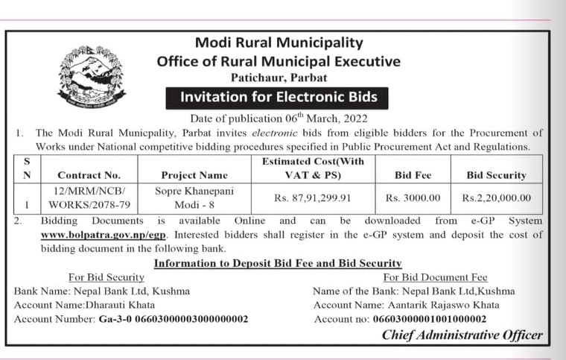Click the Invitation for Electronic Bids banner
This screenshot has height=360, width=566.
tap(279, 97)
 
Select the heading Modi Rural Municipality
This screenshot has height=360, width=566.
tap(279, 43)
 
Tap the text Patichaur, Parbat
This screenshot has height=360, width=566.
tap(279, 78)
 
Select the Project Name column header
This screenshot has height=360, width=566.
tap(194, 175)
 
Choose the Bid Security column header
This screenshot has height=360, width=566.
tap(496, 175)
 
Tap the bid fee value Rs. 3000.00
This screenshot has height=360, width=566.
tap(413, 198)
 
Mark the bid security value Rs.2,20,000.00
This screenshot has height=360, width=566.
tap(496, 198)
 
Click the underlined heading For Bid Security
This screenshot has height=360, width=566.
tap(105, 277)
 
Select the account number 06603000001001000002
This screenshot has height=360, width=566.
tap(422, 319)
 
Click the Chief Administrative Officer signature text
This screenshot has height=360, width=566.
tap(462, 335)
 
